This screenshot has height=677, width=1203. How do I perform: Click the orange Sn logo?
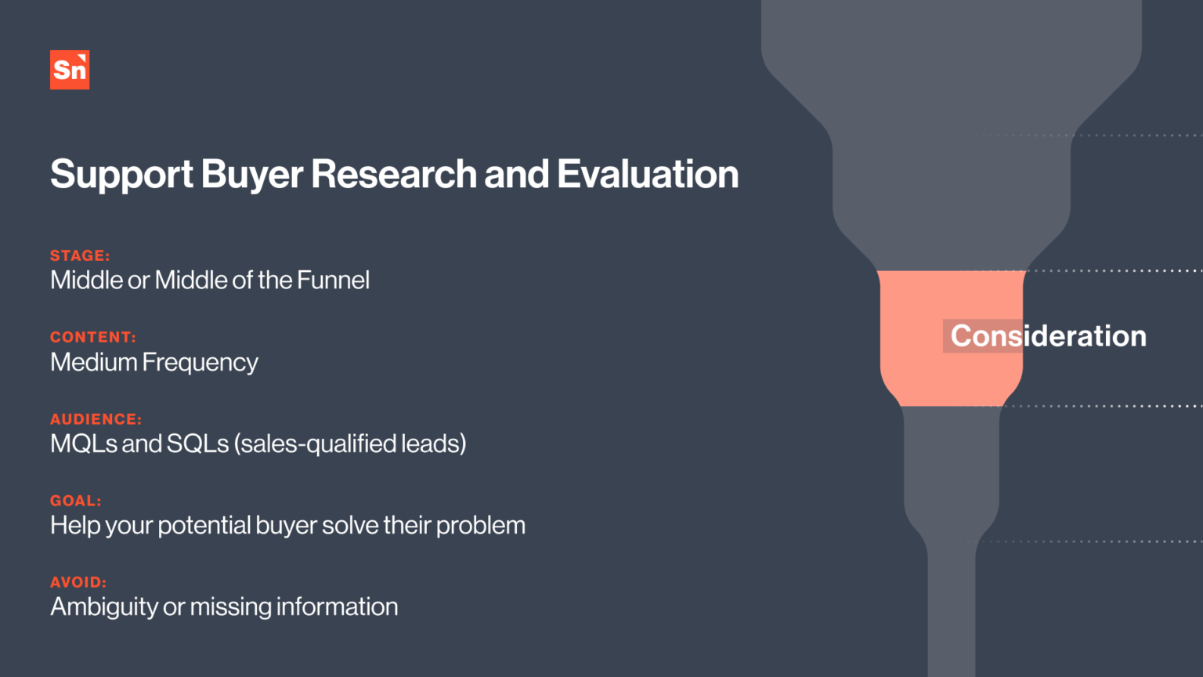70,70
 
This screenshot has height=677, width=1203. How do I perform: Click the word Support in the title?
121,175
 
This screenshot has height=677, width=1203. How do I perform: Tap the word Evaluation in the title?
648,174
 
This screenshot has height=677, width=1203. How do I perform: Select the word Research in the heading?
393,174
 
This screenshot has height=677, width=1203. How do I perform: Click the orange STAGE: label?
80,255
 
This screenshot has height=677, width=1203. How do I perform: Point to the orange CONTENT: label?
93,337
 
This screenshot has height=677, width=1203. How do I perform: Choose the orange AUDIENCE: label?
96,419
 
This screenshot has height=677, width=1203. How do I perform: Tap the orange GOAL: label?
76,501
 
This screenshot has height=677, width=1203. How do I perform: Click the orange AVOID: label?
78,582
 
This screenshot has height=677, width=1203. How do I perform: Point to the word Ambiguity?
104,607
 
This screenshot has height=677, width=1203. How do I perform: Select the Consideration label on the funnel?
1048,336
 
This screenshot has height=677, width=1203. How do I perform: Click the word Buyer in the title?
251,175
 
